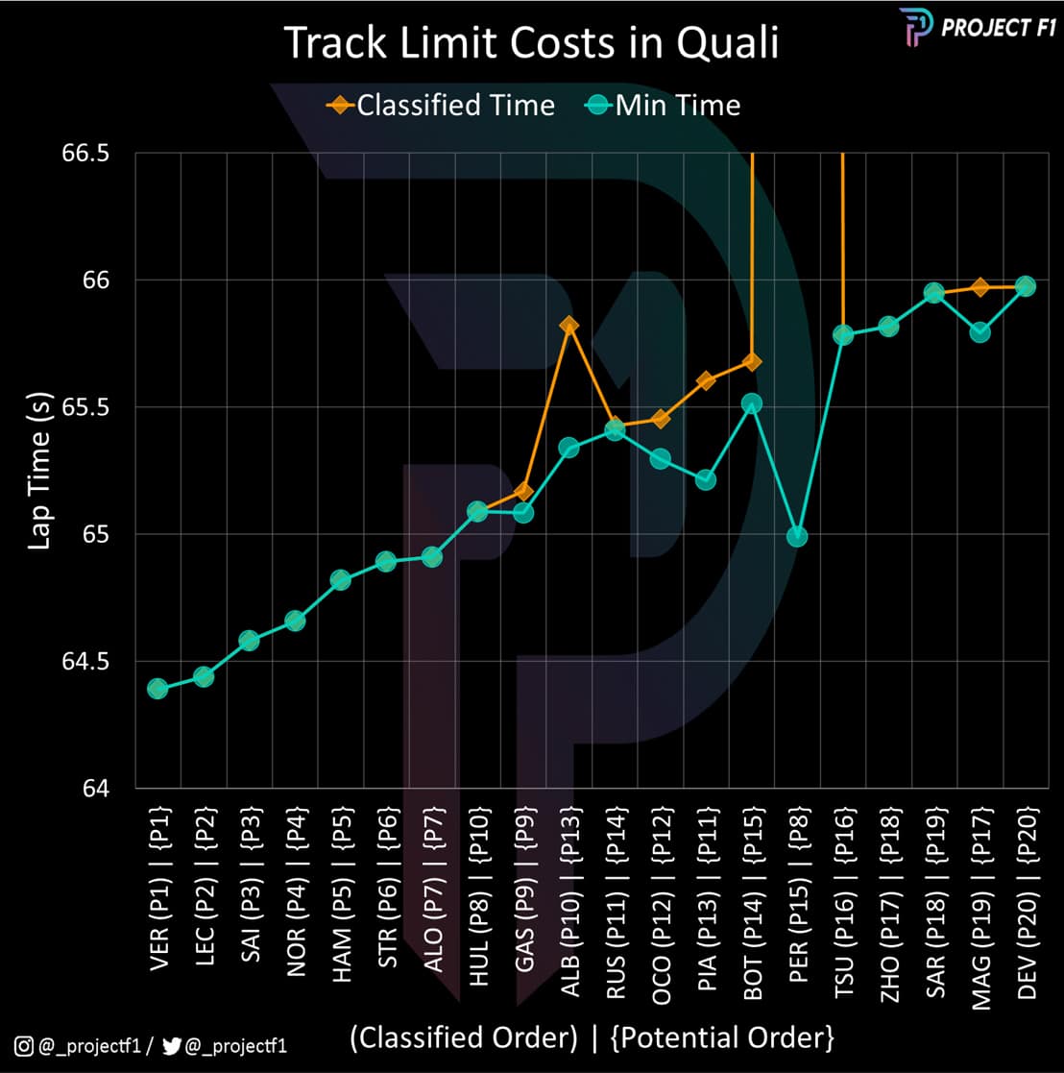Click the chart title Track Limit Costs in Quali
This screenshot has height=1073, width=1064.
tap(531, 45)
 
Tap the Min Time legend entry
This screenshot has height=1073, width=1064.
tap(663, 104)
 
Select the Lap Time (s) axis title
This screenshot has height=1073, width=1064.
tap(38, 471)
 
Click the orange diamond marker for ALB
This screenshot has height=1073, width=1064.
tap(568, 326)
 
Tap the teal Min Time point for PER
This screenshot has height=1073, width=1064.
tap(797, 536)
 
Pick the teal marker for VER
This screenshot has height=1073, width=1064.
tap(157, 689)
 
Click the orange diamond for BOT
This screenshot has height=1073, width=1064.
tap(752, 361)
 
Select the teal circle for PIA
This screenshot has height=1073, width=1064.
tap(706, 479)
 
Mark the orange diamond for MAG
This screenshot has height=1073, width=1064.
tap(979, 286)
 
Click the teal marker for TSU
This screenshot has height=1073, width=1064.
tap(843, 334)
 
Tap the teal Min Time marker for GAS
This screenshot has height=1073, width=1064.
tap(523, 513)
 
